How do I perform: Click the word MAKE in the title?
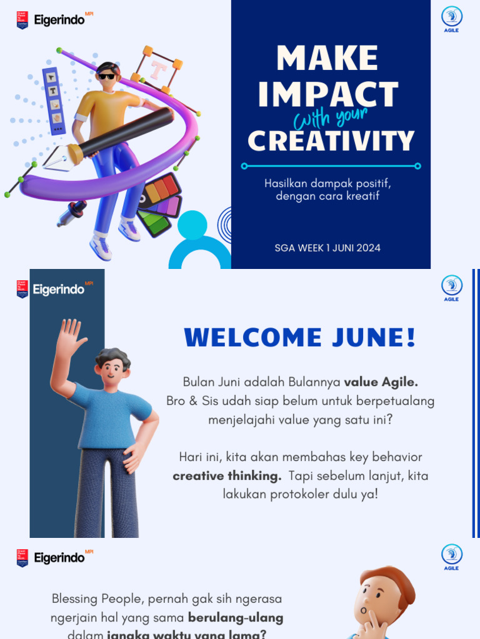327,58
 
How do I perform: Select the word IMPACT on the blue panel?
328,95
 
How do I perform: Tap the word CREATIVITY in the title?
331,141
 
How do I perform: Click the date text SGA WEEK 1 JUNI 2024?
327,248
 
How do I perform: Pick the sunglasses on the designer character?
107,76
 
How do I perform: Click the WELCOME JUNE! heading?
300,338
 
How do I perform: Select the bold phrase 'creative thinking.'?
227,476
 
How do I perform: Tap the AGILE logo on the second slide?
451,288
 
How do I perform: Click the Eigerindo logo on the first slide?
55,20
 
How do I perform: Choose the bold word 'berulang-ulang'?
236,618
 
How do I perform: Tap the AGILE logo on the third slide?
451,557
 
